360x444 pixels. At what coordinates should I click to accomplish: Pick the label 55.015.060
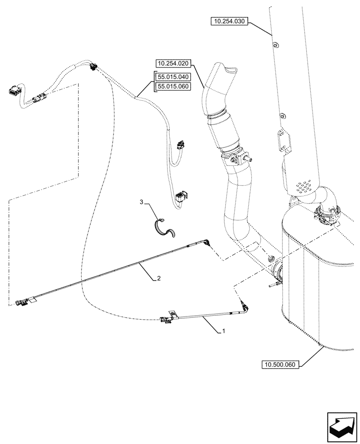click(x=173, y=86)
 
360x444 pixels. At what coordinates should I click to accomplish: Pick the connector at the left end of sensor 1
click(x=165, y=318)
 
